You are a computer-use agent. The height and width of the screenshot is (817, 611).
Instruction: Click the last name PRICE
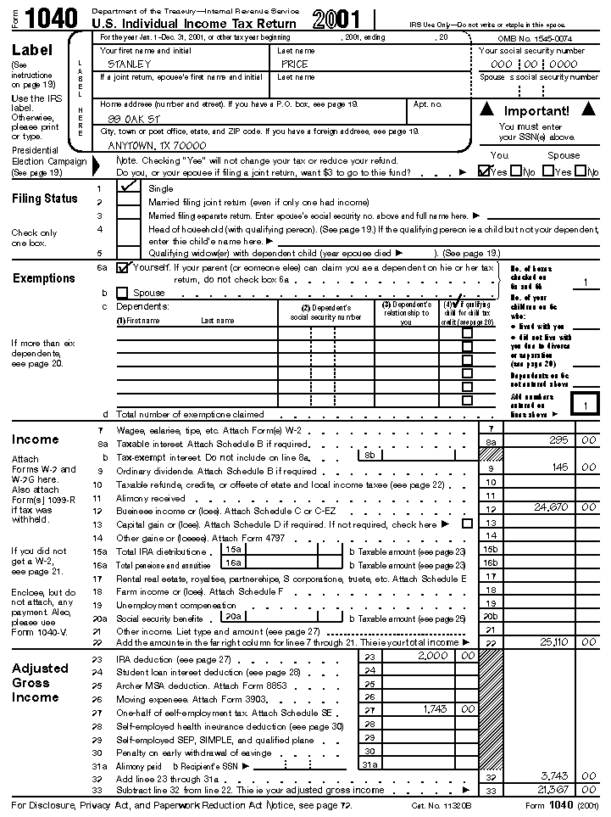tap(295, 64)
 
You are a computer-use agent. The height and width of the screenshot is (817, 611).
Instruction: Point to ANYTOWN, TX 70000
tap(157, 145)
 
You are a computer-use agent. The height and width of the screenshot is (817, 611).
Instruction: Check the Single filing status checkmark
tap(131, 187)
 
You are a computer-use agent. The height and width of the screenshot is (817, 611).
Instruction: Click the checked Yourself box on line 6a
tap(123, 268)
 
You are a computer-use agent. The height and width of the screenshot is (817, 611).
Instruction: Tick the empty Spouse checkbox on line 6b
tap(122, 292)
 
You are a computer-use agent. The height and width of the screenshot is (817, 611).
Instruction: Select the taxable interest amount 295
tap(558, 441)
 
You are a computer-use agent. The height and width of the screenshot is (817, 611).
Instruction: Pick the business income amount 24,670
tap(551, 506)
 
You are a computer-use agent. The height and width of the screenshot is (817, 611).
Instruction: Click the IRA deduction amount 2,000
tap(433, 656)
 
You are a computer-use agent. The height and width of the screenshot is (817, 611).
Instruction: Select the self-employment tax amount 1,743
tap(436, 708)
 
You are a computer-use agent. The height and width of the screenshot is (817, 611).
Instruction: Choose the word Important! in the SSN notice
tap(536, 111)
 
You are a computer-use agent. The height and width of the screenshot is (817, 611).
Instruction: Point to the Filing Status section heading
tap(44, 199)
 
